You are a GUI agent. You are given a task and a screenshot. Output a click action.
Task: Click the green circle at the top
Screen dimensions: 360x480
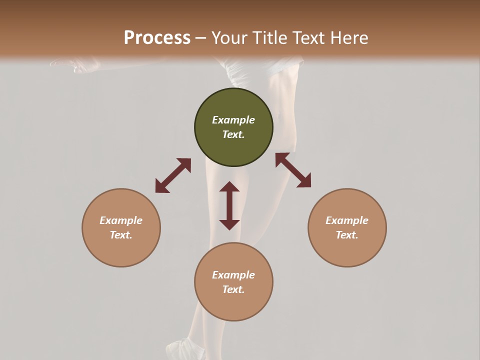[233, 127]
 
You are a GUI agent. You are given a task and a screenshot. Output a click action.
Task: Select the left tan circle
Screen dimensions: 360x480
[121, 227]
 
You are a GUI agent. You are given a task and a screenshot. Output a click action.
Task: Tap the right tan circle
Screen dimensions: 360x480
[347, 227]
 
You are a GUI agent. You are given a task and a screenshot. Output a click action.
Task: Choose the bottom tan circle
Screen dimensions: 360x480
[233, 282]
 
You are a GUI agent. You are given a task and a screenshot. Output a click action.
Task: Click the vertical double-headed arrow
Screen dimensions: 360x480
[229, 205]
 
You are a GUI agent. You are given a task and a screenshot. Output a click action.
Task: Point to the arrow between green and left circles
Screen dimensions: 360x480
[173, 175]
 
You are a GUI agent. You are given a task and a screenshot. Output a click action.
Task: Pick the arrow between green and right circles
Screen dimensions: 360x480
[293, 170]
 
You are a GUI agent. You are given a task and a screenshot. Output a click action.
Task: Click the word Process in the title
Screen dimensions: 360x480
[157, 37]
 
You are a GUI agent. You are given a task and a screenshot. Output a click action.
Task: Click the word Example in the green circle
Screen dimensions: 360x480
[233, 120]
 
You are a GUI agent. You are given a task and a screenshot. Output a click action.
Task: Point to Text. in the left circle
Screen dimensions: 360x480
[121, 235]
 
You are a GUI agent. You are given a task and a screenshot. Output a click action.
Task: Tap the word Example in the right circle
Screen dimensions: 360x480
[347, 220]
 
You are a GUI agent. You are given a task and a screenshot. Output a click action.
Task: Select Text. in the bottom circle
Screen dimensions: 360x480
[233, 289]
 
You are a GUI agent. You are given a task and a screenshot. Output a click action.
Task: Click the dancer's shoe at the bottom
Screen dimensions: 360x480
[183, 349]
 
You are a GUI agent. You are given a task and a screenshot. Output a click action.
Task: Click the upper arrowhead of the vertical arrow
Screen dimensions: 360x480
[229, 187]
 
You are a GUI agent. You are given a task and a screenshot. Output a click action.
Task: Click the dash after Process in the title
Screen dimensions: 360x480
[201, 38]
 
